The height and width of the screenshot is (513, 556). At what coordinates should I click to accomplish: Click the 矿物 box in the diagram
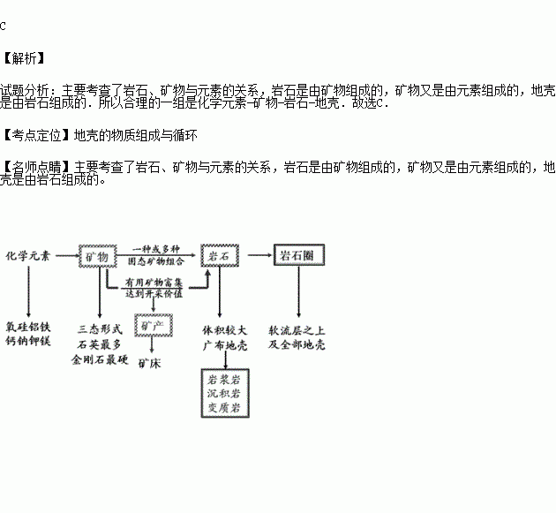(98, 255)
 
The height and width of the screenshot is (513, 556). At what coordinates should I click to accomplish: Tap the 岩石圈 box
(297, 255)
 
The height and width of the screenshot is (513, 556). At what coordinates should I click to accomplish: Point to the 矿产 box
(149, 326)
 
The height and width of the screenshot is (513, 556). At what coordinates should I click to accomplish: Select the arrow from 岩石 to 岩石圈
(257, 255)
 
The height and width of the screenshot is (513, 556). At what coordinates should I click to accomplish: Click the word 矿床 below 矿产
(148, 362)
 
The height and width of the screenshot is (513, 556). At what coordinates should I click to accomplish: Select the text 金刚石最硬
(99, 360)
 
